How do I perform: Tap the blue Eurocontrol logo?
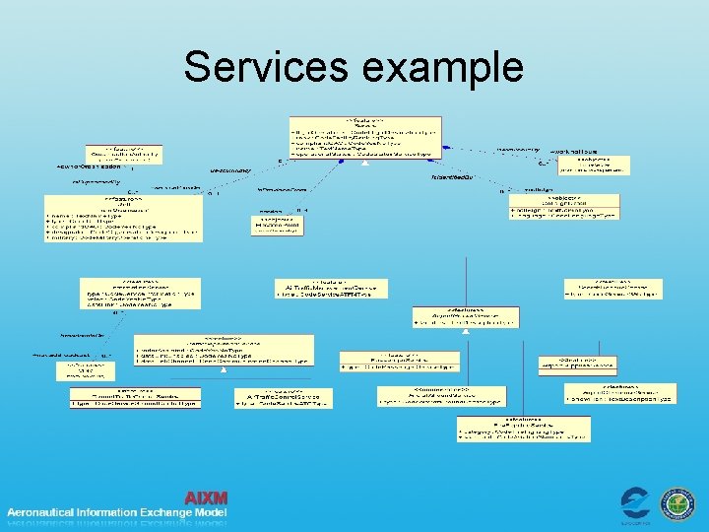pos(634,503)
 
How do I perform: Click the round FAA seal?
pos(677,503)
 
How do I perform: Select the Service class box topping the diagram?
pos(365,138)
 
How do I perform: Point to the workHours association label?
pos(574,152)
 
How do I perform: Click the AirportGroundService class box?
pos(464,316)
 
